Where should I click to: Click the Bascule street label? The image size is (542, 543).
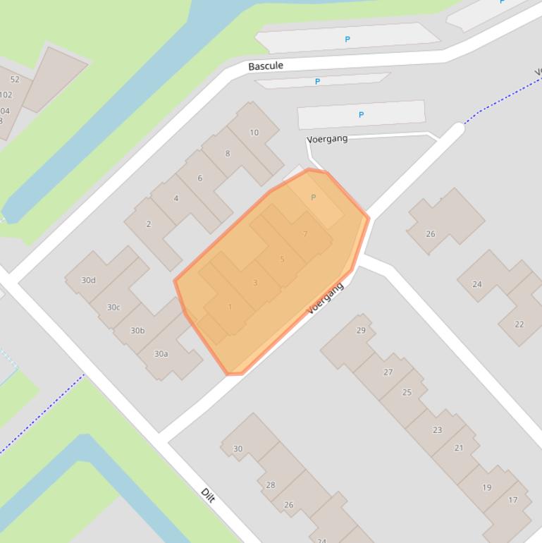[x=266, y=66]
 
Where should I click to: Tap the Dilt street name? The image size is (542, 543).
[x=207, y=495]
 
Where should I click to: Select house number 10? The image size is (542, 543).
[x=254, y=132]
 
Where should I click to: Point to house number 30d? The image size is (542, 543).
[x=88, y=280]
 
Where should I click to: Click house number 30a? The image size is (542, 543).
[x=161, y=353]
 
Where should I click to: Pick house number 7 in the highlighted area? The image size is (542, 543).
[x=305, y=234]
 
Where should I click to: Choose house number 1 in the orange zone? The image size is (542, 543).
[x=230, y=307]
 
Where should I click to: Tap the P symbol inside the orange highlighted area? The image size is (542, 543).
[x=314, y=197]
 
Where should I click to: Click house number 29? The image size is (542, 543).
[x=362, y=330]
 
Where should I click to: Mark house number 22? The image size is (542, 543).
[x=519, y=324]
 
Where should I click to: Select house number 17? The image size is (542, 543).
[x=512, y=500]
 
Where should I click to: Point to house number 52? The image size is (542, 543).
[x=15, y=80]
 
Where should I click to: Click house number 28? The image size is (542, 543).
[x=271, y=485]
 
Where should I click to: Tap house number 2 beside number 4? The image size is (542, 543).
[x=149, y=224]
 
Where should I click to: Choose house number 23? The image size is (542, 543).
[x=438, y=429]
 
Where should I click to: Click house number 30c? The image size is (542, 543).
[x=113, y=307]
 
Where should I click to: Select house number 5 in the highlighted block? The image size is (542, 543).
[x=283, y=259]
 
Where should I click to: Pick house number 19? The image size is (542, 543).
[x=487, y=487]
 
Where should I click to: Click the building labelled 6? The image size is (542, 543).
[x=200, y=178]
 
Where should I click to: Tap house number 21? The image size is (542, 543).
[x=459, y=448]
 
